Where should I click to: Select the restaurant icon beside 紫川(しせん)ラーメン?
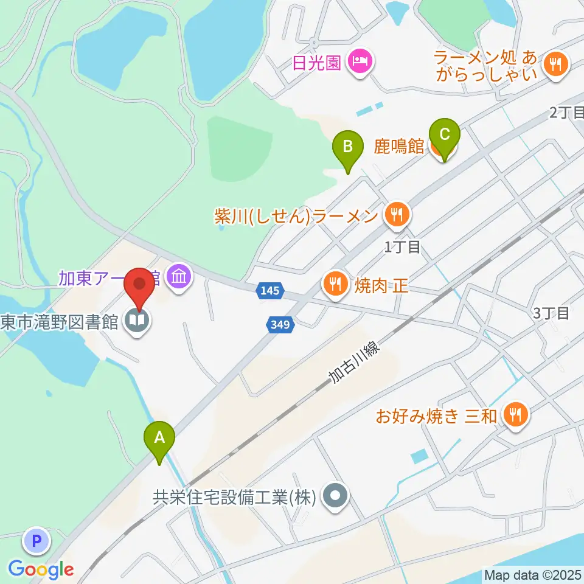point(395,215)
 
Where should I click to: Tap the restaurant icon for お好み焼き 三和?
point(515,416)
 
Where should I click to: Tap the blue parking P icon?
point(37,540)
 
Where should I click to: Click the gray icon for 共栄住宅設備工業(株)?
point(334,498)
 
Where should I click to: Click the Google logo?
point(41,569)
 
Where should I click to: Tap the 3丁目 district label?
point(551,313)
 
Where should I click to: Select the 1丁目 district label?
point(402,247)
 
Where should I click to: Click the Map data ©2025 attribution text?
point(532,574)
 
